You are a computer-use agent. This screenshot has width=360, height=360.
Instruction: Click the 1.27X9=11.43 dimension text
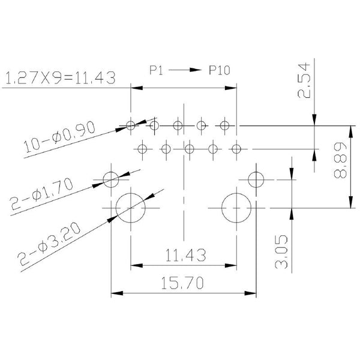point(60,77)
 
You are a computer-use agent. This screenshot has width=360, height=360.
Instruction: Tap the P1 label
point(156,70)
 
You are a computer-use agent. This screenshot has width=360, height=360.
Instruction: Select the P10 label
point(219,70)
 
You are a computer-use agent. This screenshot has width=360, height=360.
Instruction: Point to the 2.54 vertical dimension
point(304,81)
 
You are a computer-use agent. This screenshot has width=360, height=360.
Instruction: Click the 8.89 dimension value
point(340,160)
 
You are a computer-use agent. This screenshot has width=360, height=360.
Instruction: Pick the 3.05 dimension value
point(281,251)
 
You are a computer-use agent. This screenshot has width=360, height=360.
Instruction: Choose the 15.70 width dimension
point(182,283)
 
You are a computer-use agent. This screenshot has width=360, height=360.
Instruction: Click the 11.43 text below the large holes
point(185,256)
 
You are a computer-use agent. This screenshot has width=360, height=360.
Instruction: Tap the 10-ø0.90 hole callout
point(59,137)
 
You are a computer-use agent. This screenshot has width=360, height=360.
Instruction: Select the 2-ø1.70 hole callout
point(41,194)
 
